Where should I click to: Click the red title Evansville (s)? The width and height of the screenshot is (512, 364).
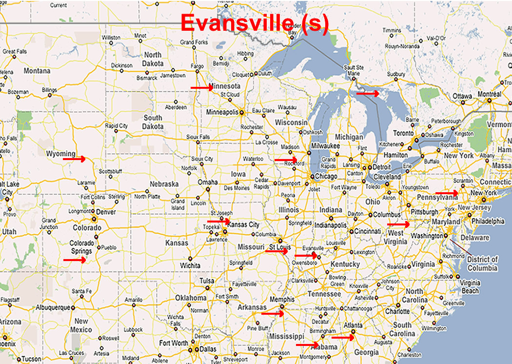coord(255,23)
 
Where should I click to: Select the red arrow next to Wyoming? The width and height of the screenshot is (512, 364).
coord(74,159)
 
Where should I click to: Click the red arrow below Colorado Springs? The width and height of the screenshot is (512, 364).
coord(75,260)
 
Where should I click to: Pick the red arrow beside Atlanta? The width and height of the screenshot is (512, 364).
coord(343,337)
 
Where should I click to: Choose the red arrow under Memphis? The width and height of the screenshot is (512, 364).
coord(273,314)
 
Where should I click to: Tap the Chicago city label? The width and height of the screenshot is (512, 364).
coord(326,176)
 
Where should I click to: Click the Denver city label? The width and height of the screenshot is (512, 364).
coord(106,212)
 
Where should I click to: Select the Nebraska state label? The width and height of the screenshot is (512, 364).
coord(164,184)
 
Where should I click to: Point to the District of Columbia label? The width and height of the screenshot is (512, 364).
coord(482,263)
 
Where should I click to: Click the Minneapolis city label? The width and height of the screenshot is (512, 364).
coord(222,112)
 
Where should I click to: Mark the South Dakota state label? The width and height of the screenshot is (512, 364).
coord(153,122)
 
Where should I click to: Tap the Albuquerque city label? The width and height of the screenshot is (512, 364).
coord(53,308)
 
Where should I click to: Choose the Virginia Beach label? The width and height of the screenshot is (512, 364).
coord(470,287)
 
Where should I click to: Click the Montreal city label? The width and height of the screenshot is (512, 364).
coord(490,94)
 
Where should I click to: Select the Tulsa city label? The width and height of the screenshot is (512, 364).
coord(207,281)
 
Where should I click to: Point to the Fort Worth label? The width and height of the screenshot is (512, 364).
coord(174,343)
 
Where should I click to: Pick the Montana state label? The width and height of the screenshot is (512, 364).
coord(37,71)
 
